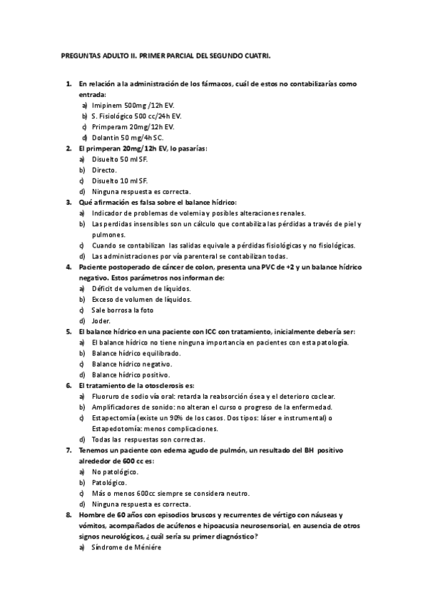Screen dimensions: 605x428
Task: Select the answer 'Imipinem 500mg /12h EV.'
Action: tap(133, 104)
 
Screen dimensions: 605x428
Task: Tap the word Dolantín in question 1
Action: tap(106, 137)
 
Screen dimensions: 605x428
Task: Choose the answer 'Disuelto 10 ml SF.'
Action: tap(120, 181)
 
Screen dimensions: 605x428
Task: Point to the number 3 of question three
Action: tap(68, 202)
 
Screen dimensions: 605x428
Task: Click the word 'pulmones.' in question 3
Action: tap(108, 235)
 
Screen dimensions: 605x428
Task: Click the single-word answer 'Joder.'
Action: tap(102, 321)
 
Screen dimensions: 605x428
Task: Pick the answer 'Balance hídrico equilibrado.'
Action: tap(136, 353)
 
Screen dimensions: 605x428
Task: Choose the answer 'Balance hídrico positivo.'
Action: tap(131, 375)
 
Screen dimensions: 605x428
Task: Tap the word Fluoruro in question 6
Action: tap(107, 396)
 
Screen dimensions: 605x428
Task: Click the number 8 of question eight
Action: tap(68, 514)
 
